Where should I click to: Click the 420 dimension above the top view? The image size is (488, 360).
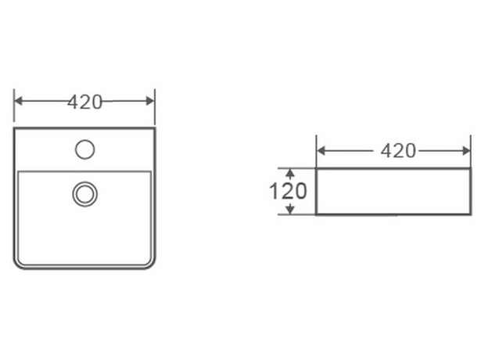(85, 102)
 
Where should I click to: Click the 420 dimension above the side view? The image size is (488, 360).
(398, 151)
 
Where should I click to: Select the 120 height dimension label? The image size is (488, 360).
(288, 191)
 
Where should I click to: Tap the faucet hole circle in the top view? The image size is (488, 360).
(85, 149)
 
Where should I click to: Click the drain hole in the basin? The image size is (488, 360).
(85, 194)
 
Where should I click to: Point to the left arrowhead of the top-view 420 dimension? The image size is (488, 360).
(18, 101)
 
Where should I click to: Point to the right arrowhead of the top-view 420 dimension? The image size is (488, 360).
(150, 101)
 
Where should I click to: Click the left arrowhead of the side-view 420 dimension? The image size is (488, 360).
(321, 151)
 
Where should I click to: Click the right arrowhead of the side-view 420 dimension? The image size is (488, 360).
(467, 151)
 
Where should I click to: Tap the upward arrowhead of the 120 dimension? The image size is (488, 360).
(290, 173)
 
